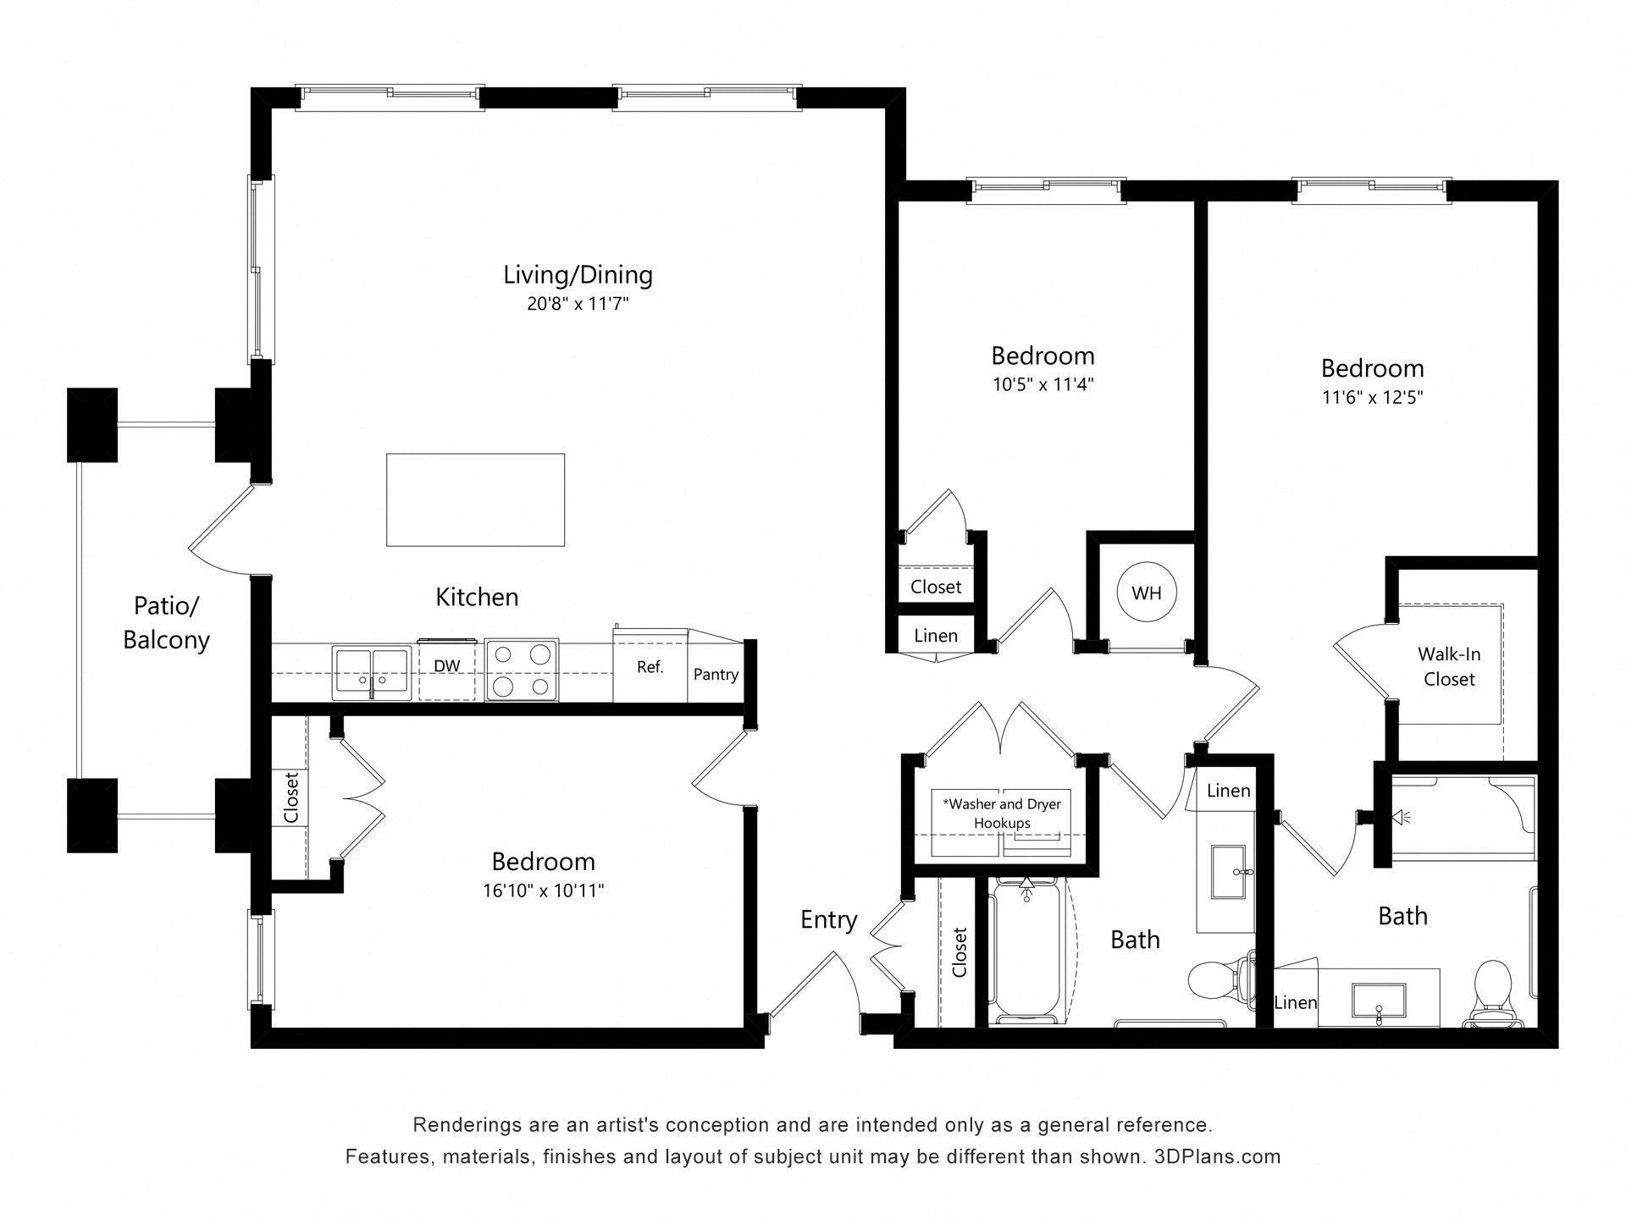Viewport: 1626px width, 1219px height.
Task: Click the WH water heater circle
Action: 1146,593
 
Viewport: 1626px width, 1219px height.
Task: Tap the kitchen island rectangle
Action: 475,499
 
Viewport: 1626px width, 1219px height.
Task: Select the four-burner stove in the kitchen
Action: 522,670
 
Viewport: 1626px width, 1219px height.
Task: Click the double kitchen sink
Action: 371,672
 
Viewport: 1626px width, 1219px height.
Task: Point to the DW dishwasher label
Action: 446,666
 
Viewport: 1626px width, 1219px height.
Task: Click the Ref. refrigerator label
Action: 650,667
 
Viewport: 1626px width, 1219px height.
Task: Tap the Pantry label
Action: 716,675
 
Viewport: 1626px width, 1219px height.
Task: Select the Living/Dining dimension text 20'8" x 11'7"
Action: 578,304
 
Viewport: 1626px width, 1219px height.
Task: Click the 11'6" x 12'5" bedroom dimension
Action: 1372,397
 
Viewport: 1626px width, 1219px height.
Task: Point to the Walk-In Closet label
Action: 1448,666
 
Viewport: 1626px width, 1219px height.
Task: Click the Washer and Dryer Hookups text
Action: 1002,813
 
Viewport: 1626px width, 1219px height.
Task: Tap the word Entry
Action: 828,919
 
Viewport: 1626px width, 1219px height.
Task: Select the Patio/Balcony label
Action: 166,622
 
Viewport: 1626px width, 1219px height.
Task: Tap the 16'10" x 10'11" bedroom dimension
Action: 543,891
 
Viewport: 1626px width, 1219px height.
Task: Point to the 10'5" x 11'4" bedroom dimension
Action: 1043,384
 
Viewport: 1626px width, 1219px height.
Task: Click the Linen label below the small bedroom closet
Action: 936,636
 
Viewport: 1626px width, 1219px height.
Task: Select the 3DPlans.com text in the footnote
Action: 1217,1156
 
